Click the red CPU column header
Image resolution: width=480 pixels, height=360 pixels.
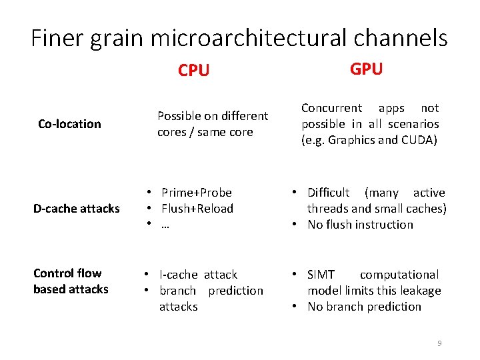pos(193,70)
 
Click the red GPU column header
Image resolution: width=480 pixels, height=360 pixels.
pos(366,69)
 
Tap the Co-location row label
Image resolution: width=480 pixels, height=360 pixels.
pos(69,123)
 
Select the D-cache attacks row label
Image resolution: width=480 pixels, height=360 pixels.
pos(76,209)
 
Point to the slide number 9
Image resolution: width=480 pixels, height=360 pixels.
pos(439,343)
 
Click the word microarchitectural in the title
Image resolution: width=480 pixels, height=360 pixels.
pos(253,39)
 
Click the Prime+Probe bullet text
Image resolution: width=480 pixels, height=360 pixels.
pos(196,193)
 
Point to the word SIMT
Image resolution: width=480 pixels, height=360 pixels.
pos(322,275)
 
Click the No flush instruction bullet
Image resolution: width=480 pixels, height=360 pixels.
pos(360,225)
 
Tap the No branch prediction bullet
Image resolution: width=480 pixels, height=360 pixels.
pos(364,307)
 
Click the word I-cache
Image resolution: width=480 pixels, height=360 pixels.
pos(178,275)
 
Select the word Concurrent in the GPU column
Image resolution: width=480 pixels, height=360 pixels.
pos(331,108)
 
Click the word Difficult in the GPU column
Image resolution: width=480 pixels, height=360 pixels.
pos(328,193)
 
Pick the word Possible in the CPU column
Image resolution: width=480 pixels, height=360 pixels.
pos(179,116)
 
